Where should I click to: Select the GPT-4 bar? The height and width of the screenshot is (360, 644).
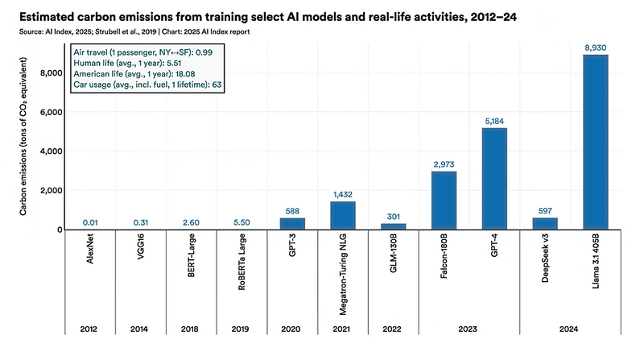(493, 179)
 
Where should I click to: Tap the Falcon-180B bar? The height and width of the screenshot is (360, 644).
(444, 201)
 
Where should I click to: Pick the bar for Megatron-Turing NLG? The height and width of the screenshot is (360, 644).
(343, 215)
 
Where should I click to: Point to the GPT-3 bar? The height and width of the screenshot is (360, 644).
(292, 224)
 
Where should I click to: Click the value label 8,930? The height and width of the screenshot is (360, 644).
(595, 48)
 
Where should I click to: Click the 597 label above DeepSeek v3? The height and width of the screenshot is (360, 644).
(544, 212)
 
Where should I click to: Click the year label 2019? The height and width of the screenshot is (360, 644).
(242, 329)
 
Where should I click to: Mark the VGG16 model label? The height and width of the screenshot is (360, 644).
(142, 245)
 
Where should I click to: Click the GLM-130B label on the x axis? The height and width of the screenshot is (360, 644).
(394, 251)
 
